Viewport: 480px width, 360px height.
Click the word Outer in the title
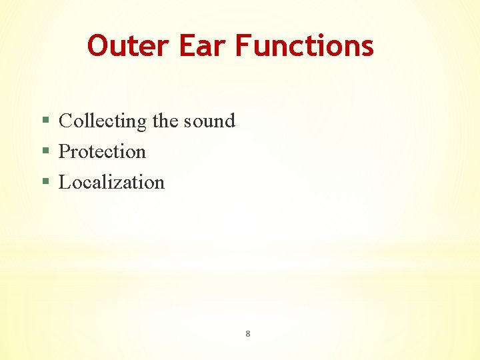129,46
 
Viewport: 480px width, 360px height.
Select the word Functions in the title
305,46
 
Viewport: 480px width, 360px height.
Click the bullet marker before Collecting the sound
45,121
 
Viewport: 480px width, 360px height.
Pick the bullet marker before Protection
45,152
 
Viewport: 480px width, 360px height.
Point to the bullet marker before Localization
45,183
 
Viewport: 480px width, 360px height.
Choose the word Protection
102,152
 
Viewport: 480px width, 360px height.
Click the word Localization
111,183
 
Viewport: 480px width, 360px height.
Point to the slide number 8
247,333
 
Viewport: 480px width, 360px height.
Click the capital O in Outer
99,46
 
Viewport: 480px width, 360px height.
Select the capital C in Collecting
66,121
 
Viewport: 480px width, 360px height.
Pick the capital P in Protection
65,152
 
